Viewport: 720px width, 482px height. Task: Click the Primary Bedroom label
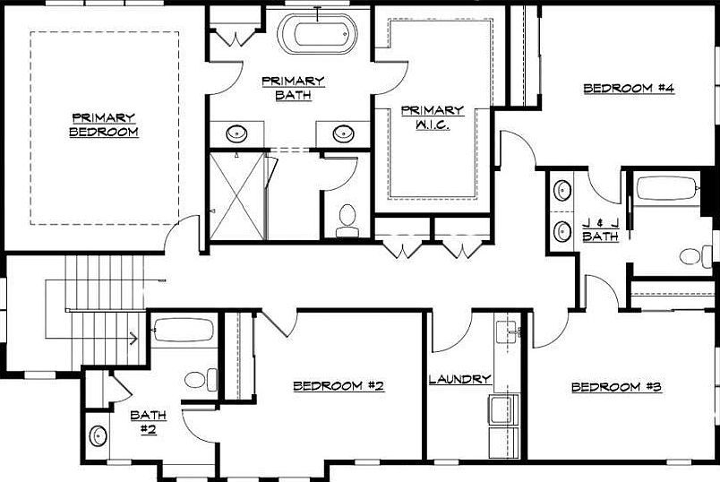[104, 125]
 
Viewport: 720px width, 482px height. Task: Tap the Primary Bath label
[293, 87]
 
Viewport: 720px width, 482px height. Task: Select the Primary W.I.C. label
[432, 116]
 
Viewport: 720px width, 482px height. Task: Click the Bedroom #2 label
[339, 386]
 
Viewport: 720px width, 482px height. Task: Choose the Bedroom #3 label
[616, 387]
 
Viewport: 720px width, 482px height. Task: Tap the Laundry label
[459, 379]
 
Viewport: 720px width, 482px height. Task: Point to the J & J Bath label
[600, 230]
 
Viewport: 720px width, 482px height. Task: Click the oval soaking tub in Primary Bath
[316, 35]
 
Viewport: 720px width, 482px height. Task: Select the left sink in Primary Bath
[237, 134]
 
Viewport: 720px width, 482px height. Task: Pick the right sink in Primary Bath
[343, 134]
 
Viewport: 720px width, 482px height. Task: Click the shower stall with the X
[237, 195]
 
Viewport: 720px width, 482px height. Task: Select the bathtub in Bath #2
[183, 331]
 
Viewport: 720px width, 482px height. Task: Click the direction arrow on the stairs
[133, 339]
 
